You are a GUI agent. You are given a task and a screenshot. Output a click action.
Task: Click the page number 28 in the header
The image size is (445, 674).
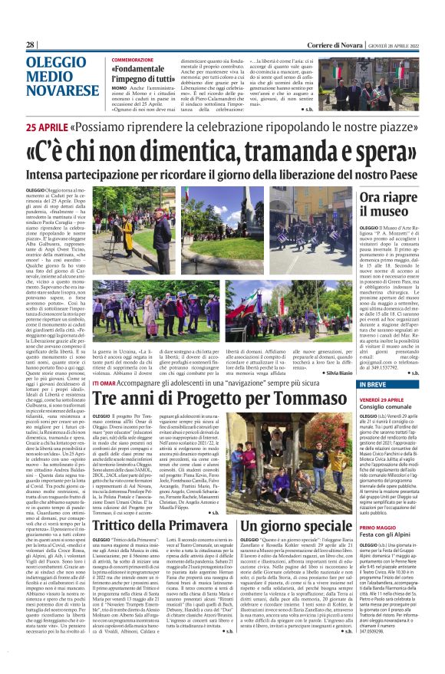pyautogui.click(x=31, y=45)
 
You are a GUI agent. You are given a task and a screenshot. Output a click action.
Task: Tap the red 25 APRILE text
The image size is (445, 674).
pyautogui.click(x=50, y=128)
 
